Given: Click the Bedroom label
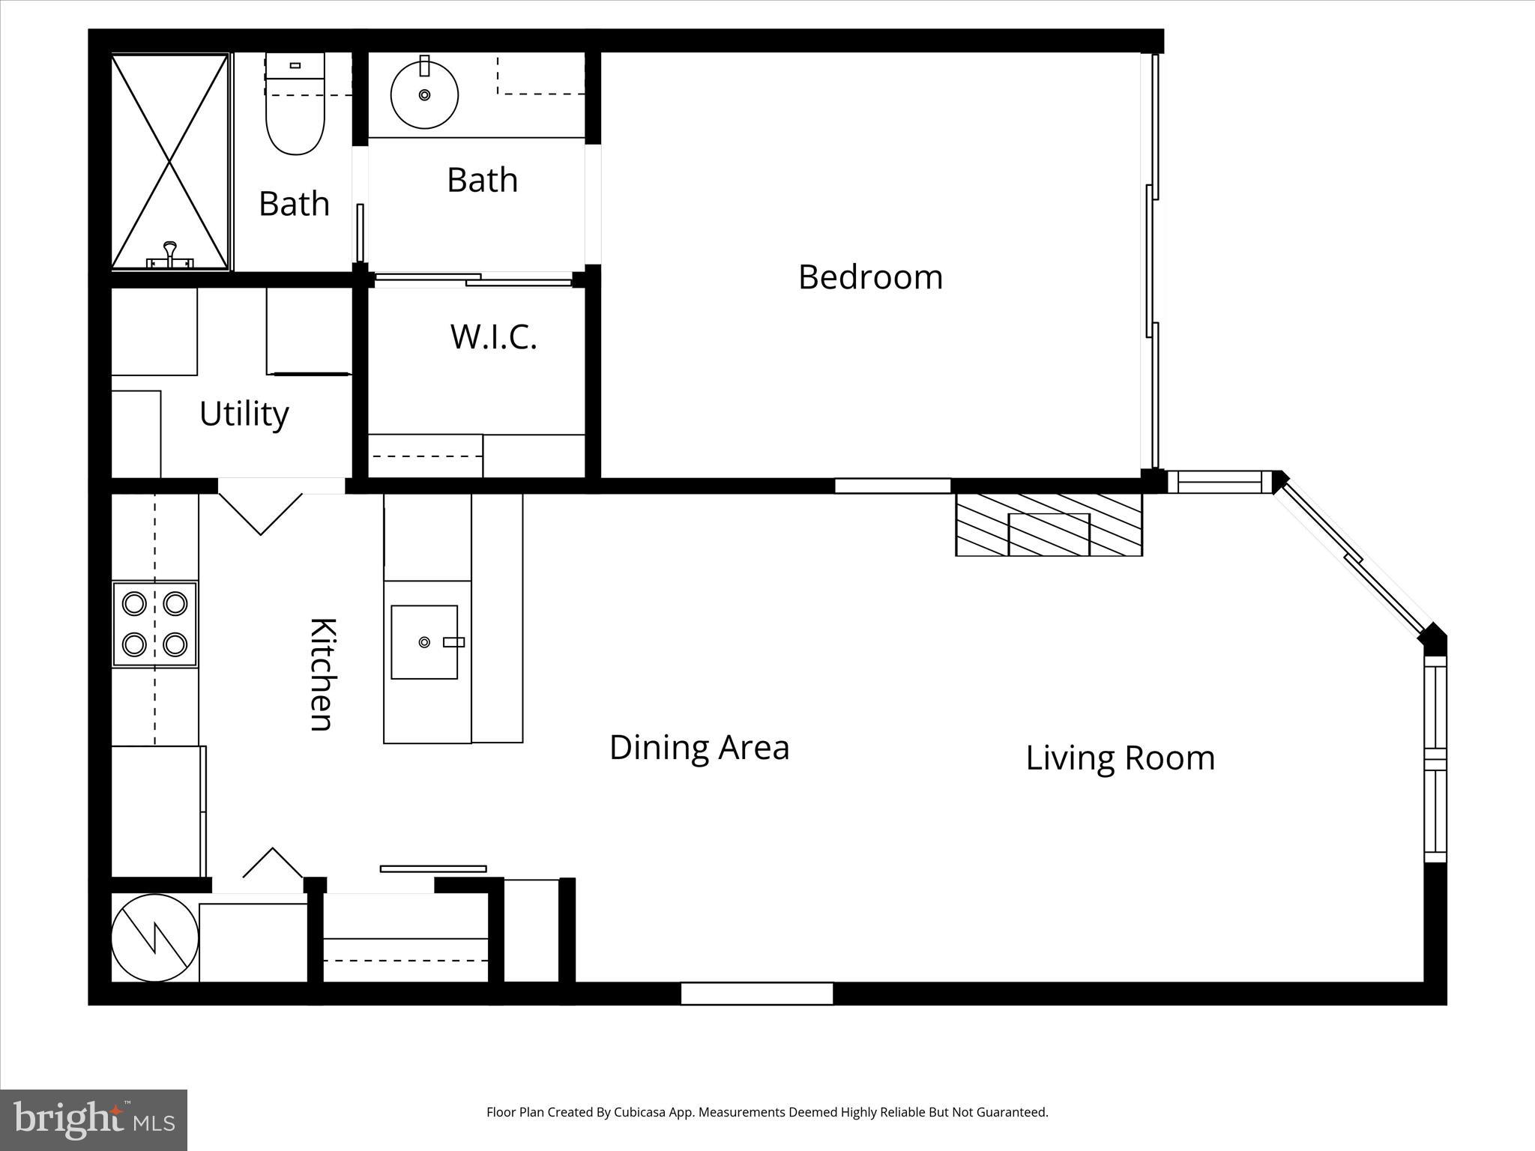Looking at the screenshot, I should [x=870, y=277].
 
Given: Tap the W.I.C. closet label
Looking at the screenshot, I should [x=493, y=336].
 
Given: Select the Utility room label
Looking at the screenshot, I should [x=244, y=414].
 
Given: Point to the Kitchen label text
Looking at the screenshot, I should [x=322, y=674].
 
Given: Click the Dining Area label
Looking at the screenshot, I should [x=699, y=747].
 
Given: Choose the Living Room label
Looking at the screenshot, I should [x=1120, y=758].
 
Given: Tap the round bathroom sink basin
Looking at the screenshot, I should [x=424, y=95].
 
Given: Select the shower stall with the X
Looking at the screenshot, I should [x=169, y=161].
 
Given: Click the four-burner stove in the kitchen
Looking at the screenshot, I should [x=155, y=624].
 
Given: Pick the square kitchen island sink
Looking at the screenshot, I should [x=424, y=642].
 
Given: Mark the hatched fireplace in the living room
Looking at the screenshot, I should [x=1049, y=525].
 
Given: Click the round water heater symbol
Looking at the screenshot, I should [x=154, y=937].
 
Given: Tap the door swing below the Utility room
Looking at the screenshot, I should [x=260, y=512].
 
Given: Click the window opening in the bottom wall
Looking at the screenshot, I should [x=757, y=994].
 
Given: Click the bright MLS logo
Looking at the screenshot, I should [x=93, y=1120].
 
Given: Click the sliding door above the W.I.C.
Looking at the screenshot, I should [x=473, y=280].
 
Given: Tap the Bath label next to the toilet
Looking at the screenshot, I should [x=294, y=204].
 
